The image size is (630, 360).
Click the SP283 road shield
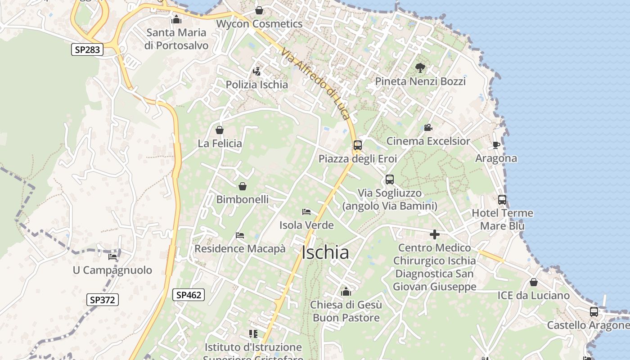[87, 49]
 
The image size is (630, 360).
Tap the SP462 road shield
[189, 295]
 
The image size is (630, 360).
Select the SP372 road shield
[102, 300]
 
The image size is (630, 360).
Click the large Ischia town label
[325, 252]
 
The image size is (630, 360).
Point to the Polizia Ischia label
[256, 85]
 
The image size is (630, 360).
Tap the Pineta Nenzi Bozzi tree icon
[420, 68]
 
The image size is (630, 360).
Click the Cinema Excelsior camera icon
[428, 128]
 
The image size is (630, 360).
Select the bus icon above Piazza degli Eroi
[358, 145]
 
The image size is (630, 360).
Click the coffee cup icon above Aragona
[496, 145]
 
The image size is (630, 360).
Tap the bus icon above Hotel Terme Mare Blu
[502, 200]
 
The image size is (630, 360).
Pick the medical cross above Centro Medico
[435, 234]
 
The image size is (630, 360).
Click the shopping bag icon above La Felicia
[220, 130]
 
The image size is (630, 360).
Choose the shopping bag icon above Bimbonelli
[243, 186]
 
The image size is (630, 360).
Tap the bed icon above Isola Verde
[306, 212]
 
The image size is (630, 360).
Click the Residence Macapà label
[240, 248]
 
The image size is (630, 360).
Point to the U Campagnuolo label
[112, 270]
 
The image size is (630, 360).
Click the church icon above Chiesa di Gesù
[346, 292]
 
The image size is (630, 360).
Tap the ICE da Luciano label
[533, 295]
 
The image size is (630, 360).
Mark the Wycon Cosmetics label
[259, 23]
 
